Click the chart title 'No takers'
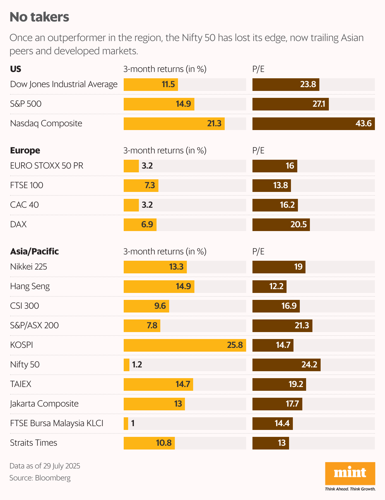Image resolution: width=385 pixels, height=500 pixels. pos(39,17)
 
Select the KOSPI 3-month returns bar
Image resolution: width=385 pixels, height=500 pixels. pos(185,345)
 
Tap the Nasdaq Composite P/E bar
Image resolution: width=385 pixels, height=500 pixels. pos(313,123)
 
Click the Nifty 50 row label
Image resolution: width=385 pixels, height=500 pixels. pos(25,365)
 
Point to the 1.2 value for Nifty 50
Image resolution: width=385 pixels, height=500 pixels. pos(137,365)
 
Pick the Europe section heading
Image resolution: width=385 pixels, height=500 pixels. pos(25,151)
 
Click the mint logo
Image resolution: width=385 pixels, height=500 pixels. pos(350,473)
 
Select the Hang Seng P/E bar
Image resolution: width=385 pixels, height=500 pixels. pos(269,286)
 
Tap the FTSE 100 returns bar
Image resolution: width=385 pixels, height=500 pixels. pos(141,185)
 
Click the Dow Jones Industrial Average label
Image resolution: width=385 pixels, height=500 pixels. pos(64,84)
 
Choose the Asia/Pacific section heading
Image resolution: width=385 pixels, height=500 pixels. pos(34,252)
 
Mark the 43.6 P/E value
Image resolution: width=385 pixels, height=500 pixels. pos(364,123)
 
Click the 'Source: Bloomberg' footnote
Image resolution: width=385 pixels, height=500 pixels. pos(40,478)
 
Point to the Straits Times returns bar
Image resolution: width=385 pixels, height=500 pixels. pos(149,443)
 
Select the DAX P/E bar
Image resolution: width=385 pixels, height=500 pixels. pos(281,224)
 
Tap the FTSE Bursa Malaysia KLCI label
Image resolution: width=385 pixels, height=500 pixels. pos(57,423)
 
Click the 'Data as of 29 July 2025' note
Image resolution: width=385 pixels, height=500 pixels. pos(45,466)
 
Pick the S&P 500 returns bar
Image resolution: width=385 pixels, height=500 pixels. pos(159,104)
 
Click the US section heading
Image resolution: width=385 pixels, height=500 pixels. pos(16,69)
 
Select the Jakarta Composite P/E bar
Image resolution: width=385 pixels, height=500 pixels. pos(277,404)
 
